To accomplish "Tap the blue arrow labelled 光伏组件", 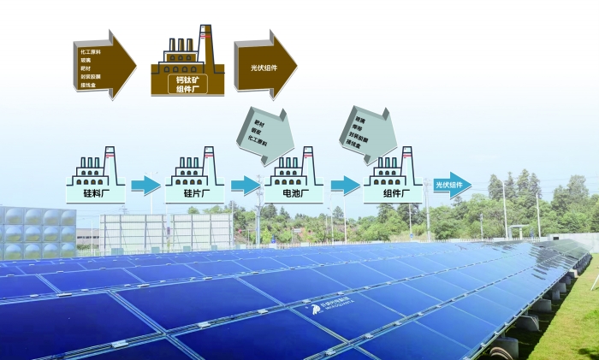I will (452, 185).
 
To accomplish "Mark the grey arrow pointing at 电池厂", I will (264, 132).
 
